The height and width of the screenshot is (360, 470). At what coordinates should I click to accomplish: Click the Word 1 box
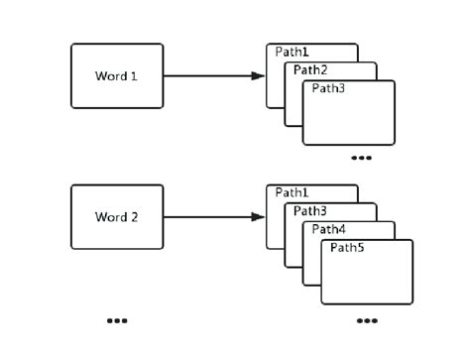tap(117, 75)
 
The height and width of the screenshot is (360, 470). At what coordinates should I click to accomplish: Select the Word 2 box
tap(117, 216)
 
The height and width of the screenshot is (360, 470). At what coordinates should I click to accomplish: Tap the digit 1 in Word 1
tap(134, 76)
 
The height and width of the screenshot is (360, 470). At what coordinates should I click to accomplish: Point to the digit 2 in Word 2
tap(134, 217)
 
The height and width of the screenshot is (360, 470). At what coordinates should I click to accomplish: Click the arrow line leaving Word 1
tap(208, 75)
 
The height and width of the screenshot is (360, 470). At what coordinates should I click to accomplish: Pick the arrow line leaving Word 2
tap(208, 216)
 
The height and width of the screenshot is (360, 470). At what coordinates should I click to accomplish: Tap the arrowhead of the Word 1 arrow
tap(259, 75)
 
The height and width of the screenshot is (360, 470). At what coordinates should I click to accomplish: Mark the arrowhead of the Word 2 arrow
tap(259, 216)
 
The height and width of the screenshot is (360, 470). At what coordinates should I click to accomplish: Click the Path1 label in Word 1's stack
tap(292, 52)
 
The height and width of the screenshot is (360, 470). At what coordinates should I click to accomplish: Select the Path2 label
tap(310, 69)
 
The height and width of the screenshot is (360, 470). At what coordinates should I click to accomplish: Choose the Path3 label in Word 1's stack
tap(328, 88)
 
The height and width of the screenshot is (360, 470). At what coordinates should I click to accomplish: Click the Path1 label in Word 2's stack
tap(292, 192)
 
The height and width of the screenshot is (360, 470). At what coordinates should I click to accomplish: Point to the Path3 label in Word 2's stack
tap(310, 211)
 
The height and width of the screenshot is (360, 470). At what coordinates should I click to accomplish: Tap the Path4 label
tap(328, 229)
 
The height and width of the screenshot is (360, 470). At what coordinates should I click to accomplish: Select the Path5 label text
tap(347, 248)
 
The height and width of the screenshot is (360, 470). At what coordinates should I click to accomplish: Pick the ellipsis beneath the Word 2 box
tap(117, 320)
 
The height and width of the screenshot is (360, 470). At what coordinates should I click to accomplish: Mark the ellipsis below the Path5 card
tap(367, 320)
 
